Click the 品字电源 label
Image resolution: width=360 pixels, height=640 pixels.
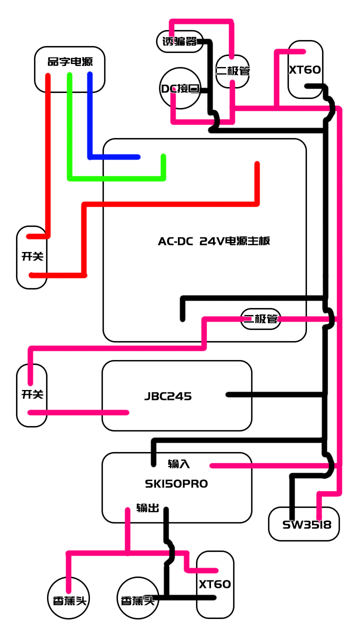coord(69,62)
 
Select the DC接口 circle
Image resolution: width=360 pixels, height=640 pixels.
coord(180,89)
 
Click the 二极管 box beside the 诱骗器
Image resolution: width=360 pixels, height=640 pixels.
coord(232,71)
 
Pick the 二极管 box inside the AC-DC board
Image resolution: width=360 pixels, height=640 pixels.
coord(260,319)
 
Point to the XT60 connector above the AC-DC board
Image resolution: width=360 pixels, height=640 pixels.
coord(305,69)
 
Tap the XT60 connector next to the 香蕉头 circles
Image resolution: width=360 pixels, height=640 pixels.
coord(215,584)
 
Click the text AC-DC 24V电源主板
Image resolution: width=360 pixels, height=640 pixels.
coord(214,241)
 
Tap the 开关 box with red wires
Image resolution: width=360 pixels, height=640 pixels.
coord(32,257)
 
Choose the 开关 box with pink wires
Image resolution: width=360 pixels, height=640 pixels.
coord(32,395)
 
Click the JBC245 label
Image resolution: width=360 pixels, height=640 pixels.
coord(168,396)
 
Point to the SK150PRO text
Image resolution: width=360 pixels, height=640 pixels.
coord(176,484)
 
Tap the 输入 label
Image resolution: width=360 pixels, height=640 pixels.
coord(178,464)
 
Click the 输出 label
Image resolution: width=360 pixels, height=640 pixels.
coord(148,508)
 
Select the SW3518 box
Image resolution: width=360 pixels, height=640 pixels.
coord(304,524)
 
